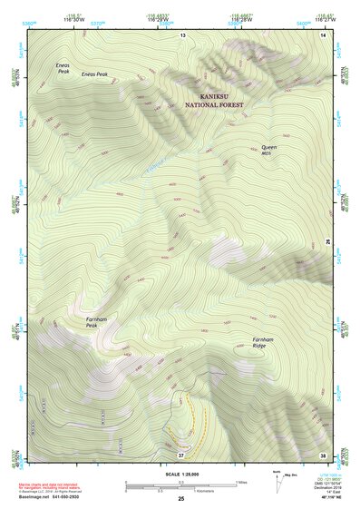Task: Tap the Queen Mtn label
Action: (269, 150)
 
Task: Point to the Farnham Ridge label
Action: (264, 344)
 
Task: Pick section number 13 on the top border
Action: (181, 34)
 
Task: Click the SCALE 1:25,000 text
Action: (180, 474)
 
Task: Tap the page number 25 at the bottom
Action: (180, 499)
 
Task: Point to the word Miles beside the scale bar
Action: (241, 482)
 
